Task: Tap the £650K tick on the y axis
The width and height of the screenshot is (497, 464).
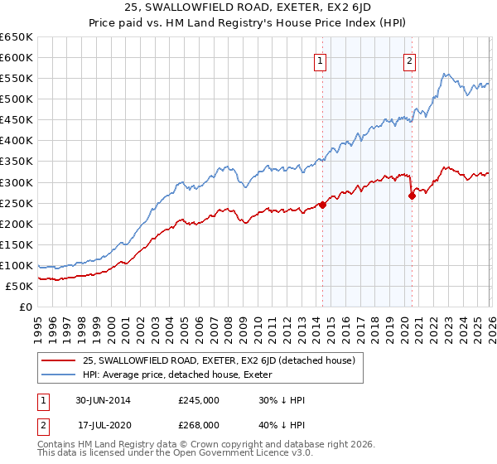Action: point(17,37)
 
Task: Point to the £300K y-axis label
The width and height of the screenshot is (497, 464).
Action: point(17,182)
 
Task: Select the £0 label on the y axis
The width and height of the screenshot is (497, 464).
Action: point(25,307)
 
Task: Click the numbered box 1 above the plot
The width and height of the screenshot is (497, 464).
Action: point(320,60)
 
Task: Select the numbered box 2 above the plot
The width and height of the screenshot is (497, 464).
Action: point(409,60)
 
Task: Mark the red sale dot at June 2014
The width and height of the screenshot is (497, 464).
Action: point(322,205)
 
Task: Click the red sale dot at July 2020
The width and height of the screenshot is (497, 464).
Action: point(412,196)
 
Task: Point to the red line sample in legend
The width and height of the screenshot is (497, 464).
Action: point(58,360)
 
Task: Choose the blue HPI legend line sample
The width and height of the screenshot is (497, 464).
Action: point(58,375)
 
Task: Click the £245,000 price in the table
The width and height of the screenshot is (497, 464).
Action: point(198,400)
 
